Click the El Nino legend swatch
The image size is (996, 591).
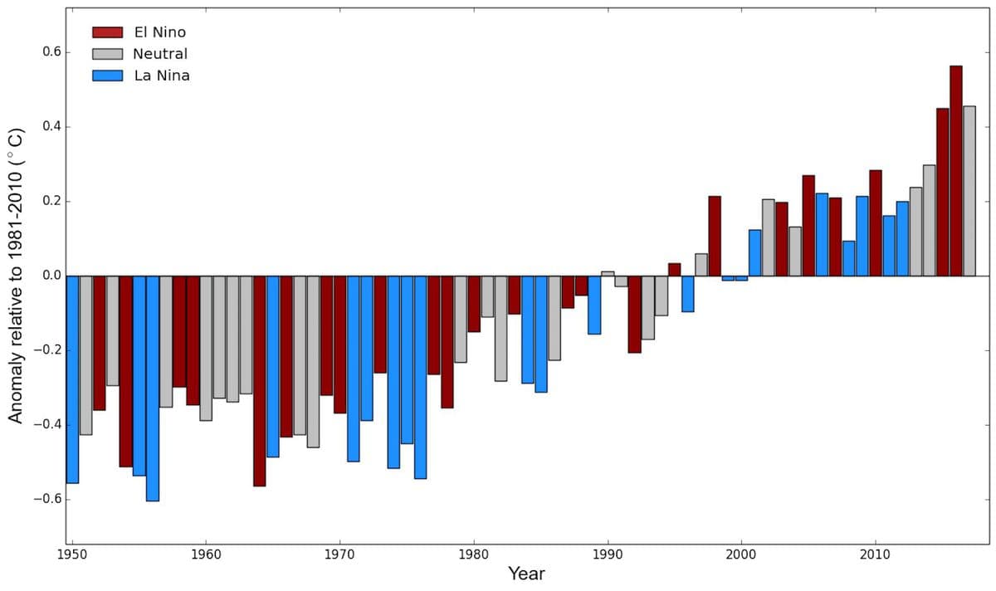107,32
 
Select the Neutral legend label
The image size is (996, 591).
160,54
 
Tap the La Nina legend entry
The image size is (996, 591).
162,76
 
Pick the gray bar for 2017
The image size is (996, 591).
969,191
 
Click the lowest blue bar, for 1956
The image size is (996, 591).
152,388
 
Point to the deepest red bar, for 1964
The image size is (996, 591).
260,381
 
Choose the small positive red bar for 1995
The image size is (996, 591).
674,270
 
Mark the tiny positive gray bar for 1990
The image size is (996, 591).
608,273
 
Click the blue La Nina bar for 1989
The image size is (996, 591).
594,305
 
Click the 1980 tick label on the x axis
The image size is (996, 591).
473,554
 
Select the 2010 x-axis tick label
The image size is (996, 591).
875,554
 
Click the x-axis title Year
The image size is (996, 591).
526,574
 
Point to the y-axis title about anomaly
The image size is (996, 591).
16,276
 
